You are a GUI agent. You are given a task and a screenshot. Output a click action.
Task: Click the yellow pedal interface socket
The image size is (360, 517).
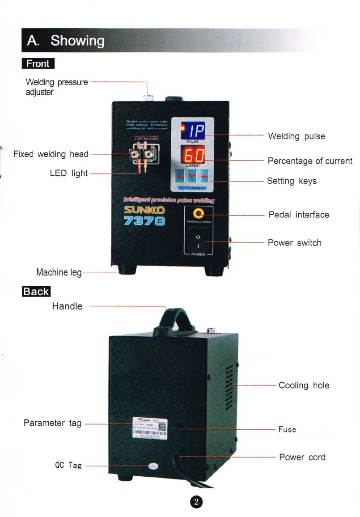[x=197, y=214]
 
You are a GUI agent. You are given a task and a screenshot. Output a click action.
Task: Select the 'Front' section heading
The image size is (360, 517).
[x=38, y=64]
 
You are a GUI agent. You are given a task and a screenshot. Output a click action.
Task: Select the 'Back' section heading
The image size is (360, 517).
[x=36, y=292]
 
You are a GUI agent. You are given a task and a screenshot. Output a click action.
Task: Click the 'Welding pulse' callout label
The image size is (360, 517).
[x=296, y=136]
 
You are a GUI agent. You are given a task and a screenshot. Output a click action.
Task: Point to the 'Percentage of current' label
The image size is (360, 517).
[x=310, y=161]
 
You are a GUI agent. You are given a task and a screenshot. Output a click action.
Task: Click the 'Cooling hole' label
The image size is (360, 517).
[x=304, y=385]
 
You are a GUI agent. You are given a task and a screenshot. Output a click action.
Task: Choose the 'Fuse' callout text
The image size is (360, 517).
[x=287, y=429]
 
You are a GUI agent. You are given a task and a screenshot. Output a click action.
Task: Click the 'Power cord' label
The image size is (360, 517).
[x=302, y=457]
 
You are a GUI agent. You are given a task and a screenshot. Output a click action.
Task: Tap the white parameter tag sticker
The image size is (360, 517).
[x=150, y=428]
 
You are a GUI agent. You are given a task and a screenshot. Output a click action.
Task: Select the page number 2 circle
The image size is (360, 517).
[x=197, y=501]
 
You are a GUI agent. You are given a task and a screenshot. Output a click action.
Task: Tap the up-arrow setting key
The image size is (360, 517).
[x=180, y=175]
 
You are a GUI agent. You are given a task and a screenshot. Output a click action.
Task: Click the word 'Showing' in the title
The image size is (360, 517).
[x=77, y=41]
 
